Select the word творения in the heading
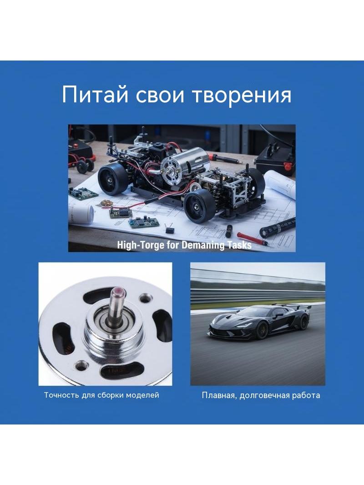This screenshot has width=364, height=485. click(242, 95)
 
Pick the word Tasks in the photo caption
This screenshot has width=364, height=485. click(240, 245)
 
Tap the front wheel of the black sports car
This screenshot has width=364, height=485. click(261, 330)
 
